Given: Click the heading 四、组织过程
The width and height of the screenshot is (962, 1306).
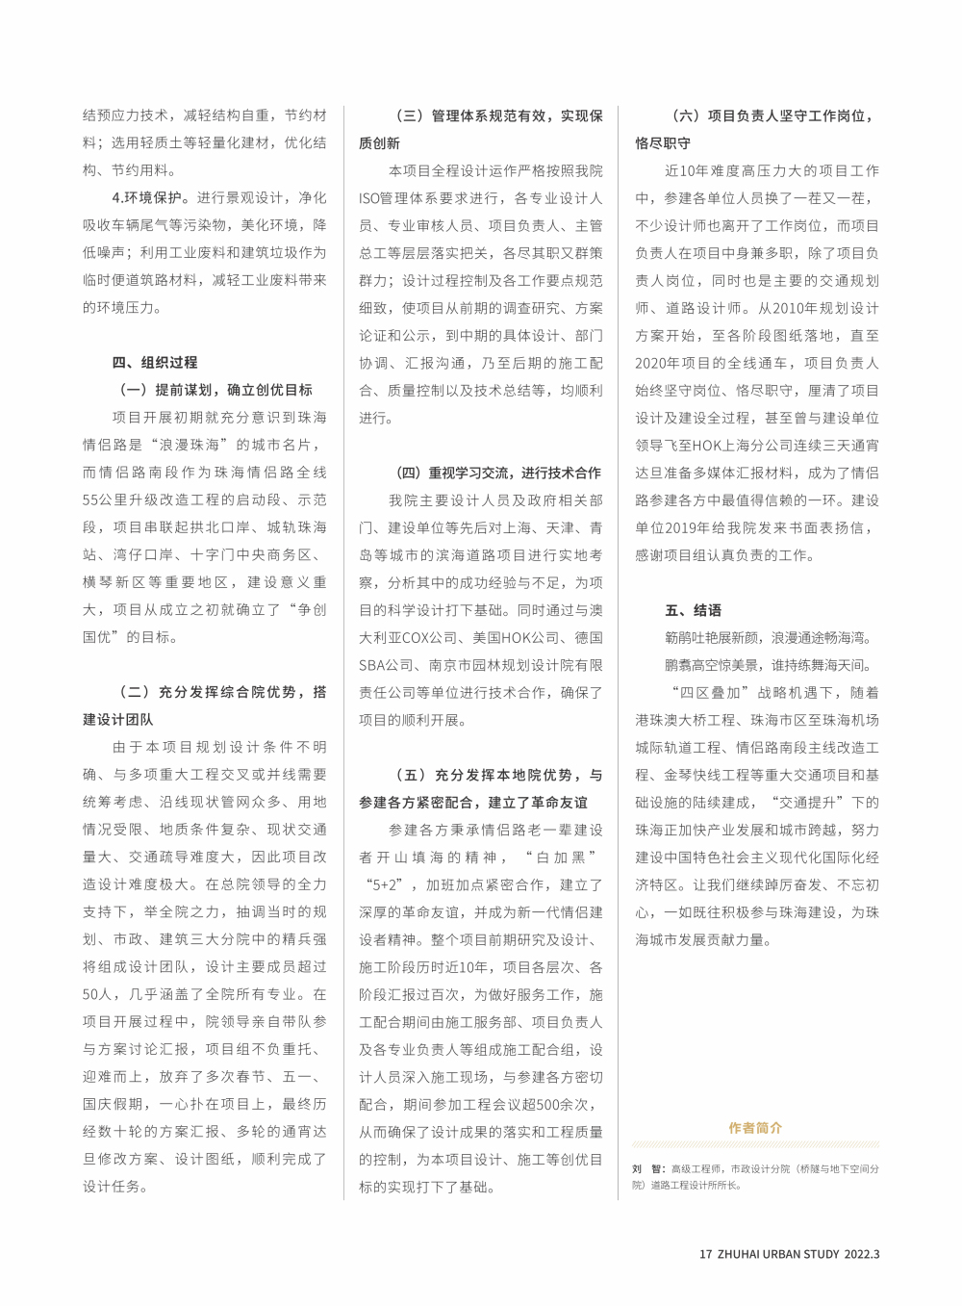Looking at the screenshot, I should click(x=155, y=363).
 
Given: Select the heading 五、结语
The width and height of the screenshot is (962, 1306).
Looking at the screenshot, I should click(x=693, y=610).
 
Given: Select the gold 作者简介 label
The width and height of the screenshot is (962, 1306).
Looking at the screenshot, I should click(x=755, y=1128).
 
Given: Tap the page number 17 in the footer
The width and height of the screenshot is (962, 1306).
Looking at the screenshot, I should click(x=705, y=1254).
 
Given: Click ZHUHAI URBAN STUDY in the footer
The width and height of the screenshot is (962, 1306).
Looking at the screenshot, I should click(x=777, y=1254).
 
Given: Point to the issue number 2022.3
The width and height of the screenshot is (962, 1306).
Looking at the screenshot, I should click(x=863, y=1254).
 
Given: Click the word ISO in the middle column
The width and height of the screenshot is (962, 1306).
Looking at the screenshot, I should click(x=370, y=198).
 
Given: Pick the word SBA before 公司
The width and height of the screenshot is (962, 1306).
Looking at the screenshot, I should click(x=371, y=665).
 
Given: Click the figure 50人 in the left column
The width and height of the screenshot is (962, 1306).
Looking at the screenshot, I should click(x=97, y=994).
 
